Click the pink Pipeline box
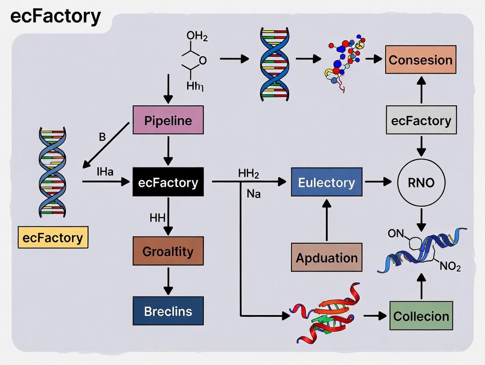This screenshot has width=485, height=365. click(168, 120)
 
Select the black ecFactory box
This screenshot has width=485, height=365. click(168, 182)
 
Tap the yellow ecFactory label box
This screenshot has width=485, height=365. click(53, 237)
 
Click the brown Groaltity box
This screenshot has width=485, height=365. click(168, 251)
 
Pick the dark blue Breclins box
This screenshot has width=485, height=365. click(168, 311)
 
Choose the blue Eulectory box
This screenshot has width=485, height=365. click(326, 182)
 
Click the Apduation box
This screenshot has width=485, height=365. click(326, 257)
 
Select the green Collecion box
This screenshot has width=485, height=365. click(421, 315)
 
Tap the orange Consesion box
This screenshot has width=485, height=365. click(420, 60)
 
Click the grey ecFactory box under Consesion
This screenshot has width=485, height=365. click(421, 120)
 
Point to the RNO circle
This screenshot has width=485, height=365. click(421, 182)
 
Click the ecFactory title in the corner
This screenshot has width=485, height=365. click(55, 17)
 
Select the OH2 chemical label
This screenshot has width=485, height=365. click(197, 36)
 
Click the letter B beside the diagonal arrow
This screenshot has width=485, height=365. click(102, 137)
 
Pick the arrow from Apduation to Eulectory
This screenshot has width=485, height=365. click(326, 219)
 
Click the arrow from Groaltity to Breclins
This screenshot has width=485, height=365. click(168, 281)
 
